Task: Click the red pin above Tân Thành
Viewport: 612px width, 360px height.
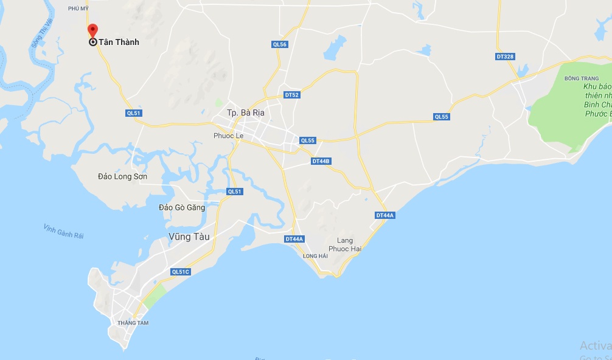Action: (92, 30)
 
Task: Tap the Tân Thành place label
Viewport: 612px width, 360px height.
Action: (119, 43)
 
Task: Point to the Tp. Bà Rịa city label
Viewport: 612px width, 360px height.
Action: (247, 113)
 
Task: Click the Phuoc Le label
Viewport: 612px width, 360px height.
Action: (228, 136)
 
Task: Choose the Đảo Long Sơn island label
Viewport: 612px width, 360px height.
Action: (122, 177)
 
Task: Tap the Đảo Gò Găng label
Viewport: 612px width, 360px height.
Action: (182, 207)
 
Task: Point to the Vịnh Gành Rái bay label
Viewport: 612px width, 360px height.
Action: (63, 231)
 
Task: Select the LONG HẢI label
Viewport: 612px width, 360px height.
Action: (315, 256)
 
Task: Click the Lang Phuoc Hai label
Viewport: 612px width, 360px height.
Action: (345, 244)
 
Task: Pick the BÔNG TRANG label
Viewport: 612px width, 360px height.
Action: (581, 78)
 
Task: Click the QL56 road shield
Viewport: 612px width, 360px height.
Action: (280, 44)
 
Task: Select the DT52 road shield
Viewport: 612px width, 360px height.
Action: (292, 95)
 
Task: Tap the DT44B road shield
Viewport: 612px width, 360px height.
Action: (321, 161)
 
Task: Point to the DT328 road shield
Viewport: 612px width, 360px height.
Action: (505, 57)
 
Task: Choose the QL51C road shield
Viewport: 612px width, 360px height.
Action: (181, 272)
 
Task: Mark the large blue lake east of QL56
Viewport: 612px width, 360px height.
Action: (334, 48)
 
